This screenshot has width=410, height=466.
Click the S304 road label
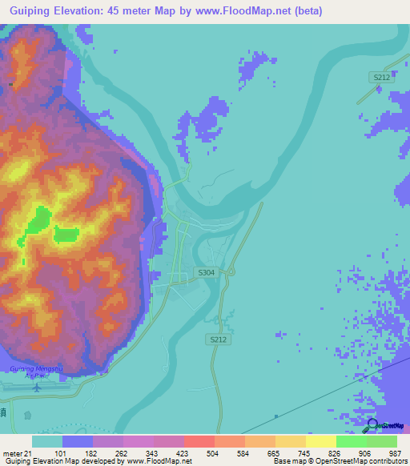tap(206, 272)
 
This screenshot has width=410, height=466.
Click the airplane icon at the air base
tap(37, 388)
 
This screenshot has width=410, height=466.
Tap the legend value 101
tap(60, 452)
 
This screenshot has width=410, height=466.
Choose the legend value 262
tap(121, 452)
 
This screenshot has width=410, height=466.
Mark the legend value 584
tap(243, 452)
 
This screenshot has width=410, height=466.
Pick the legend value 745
tap(303, 452)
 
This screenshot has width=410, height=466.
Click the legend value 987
tap(394, 452)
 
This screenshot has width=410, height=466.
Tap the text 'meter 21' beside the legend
tap(17, 452)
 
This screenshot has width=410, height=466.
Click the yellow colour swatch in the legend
tap(320, 441)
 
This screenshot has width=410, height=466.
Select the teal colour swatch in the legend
tap(47, 441)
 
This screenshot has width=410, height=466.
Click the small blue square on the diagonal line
tap(275, 416)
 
